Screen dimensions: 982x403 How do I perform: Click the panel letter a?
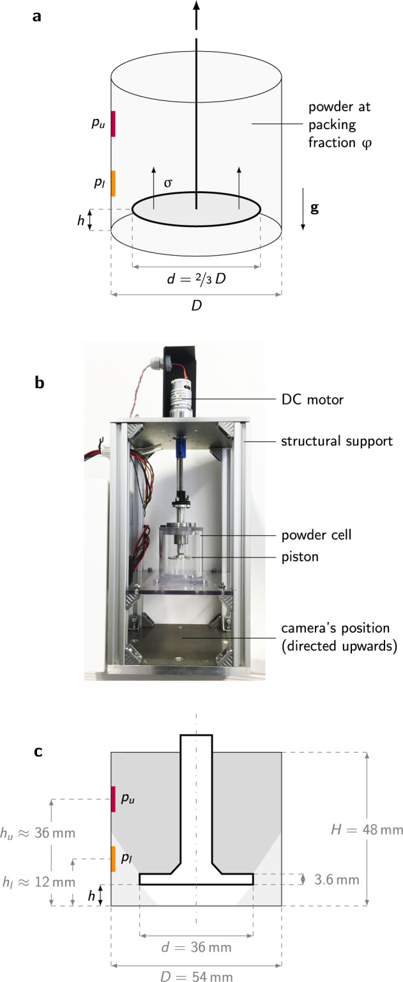pyautogui.click(x=38, y=16)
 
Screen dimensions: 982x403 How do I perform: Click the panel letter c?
pyautogui.click(x=38, y=752)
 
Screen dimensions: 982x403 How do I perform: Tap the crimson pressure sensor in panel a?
pyautogui.click(x=113, y=123)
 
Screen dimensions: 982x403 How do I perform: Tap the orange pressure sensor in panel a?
pyautogui.click(x=113, y=183)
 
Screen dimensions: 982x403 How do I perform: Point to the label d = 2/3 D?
pyautogui.click(x=196, y=279)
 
